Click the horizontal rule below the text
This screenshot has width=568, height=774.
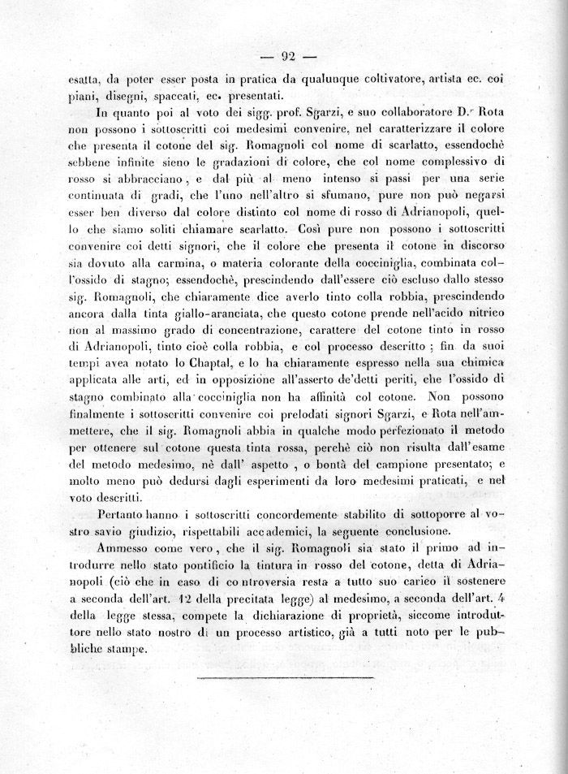[285, 677]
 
